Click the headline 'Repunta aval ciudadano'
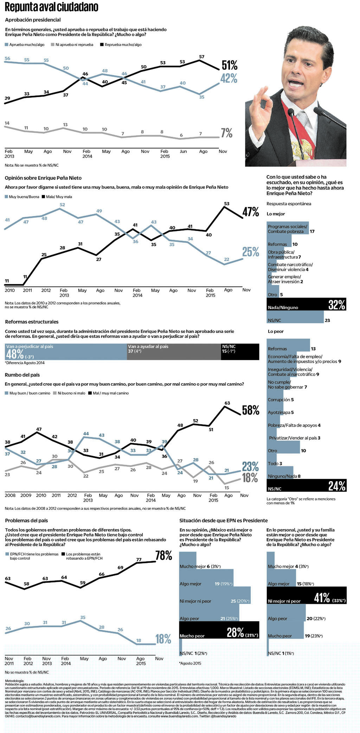[x=51, y=7]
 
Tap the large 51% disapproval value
[x=230, y=65]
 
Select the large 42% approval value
[x=229, y=78]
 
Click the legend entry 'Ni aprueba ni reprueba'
[x=74, y=45]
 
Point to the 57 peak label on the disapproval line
[x=201, y=57]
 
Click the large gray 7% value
[x=227, y=133]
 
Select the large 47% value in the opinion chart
[x=251, y=212]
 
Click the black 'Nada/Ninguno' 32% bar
[x=306, y=304]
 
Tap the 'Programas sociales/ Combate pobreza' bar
[x=288, y=229]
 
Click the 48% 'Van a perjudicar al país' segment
[x=66, y=352]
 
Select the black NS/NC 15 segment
[x=240, y=352]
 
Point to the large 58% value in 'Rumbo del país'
[x=251, y=410]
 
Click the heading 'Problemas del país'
[x=26, y=520]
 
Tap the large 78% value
[x=164, y=555]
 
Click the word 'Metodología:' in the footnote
[x=14, y=681]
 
